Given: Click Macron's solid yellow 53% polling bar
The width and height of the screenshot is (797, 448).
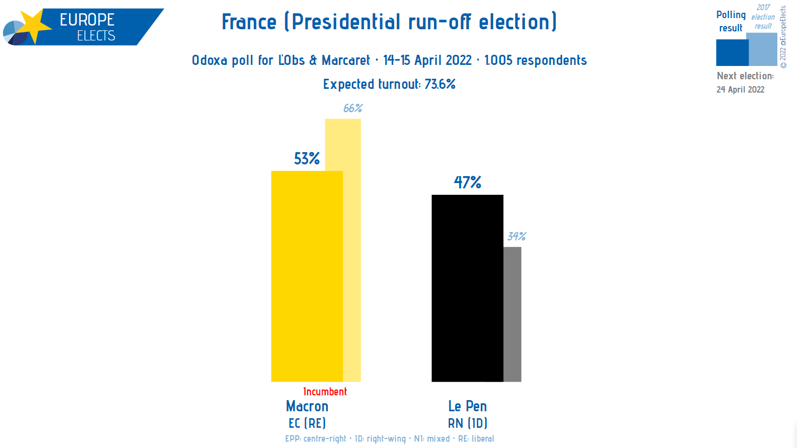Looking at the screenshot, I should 307,276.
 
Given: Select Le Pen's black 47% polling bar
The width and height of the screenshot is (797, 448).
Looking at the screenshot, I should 467,288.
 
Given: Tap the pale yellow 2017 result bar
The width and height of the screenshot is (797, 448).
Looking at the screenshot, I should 352,250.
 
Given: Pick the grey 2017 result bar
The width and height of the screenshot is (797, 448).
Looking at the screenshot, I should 512,314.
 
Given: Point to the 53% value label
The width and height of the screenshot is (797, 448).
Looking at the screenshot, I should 307,159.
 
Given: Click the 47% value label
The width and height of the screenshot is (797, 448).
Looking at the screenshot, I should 467,182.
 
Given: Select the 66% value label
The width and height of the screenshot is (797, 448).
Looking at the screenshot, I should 352,109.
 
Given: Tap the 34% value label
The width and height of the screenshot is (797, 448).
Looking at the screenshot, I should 516,236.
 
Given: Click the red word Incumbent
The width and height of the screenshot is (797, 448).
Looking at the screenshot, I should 325,392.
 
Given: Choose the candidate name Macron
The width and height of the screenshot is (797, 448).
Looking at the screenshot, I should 307,406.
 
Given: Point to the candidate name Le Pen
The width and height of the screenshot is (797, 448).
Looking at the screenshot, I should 468,406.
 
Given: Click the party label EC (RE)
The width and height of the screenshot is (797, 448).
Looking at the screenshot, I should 307,424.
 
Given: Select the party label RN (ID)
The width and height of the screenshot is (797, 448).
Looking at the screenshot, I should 468,424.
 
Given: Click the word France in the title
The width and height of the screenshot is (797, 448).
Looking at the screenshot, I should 249,22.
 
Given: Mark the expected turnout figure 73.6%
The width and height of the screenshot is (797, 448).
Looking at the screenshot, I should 440,84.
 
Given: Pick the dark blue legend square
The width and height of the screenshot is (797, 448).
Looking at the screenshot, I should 732,53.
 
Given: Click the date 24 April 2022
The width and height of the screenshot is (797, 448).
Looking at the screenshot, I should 740,89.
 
